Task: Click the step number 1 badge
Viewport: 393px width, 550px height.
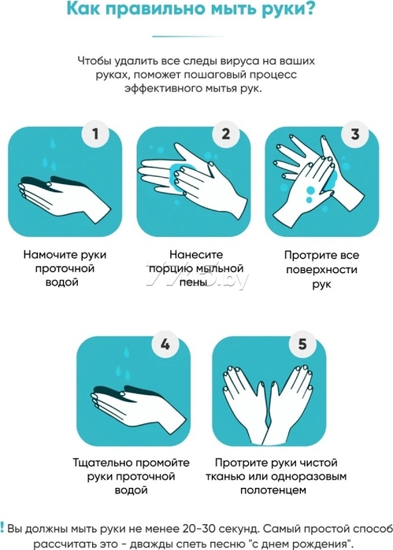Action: pyautogui.click(x=95, y=134)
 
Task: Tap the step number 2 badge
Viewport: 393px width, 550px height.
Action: pyautogui.click(x=225, y=134)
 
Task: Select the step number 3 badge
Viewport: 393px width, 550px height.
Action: pyautogui.click(x=355, y=134)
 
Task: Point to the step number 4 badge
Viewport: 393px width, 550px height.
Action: pyautogui.click(x=165, y=344)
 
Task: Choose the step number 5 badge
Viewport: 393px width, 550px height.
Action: pyautogui.click(x=302, y=344)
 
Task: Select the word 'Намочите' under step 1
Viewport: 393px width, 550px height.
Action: pyautogui.click(x=49, y=254)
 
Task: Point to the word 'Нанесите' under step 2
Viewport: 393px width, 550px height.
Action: pyautogui.click(x=196, y=254)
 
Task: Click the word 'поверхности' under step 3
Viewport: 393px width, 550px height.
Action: pyautogui.click(x=321, y=270)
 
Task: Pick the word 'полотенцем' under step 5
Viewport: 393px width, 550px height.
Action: pyautogui.click(x=273, y=490)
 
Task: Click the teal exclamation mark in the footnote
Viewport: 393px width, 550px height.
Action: pyautogui.click(x=2, y=527)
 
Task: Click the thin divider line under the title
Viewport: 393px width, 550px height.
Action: pyautogui.click(x=189, y=36)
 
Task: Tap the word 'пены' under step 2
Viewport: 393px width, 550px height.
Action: pyautogui.click(x=193, y=282)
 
